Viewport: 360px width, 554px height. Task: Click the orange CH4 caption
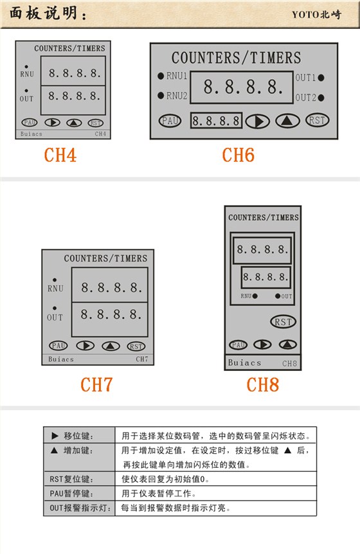(60, 155)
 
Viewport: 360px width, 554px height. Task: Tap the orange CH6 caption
(238, 155)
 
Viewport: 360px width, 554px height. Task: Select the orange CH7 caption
(96, 384)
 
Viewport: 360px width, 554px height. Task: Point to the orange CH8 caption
(262, 384)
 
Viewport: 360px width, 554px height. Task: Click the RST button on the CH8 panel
(282, 322)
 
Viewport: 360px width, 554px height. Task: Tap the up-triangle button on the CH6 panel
(288, 120)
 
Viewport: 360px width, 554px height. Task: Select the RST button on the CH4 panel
(95, 123)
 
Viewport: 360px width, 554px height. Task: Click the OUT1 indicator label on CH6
(305, 78)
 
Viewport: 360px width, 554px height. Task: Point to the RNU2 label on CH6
(177, 96)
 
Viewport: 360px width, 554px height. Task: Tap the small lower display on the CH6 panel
(217, 120)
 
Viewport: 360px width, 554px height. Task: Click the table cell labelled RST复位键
(78, 479)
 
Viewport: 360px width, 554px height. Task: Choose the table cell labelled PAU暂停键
(78, 493)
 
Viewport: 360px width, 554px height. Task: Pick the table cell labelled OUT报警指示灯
(78, 507)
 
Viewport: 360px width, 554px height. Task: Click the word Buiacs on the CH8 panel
(244, 362)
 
